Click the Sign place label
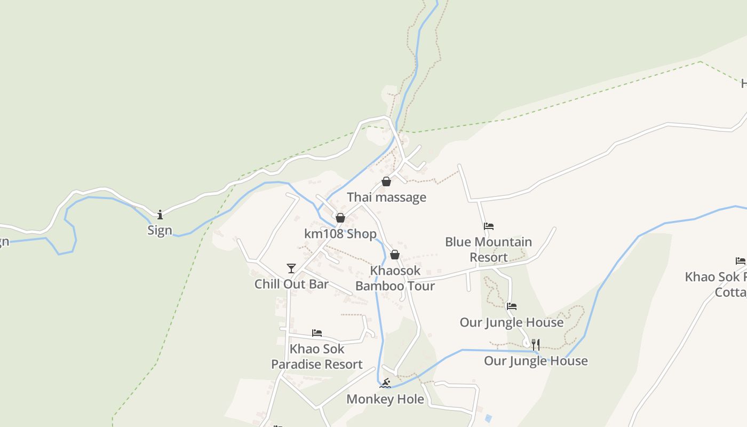[160, 230]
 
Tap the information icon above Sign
[160, 215]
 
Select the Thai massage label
[386, 197]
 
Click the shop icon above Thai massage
[386, 182]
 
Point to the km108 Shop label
[340, 234]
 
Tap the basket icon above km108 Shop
[340, 218]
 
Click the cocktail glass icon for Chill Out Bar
[291, 268]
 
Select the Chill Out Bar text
[291, 284]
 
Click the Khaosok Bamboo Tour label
[395, 278]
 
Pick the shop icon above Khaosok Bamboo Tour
[395, 255]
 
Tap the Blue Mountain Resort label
[488, 249]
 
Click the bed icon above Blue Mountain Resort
[488, 226]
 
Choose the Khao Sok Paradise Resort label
[317, 357]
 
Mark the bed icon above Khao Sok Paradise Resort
[317, 333]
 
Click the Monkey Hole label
[385, 399]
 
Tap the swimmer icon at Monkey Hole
[385, 383]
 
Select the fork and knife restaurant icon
[536, 345]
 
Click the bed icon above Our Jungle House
[512, 306]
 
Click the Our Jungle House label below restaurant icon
[536, 361]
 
